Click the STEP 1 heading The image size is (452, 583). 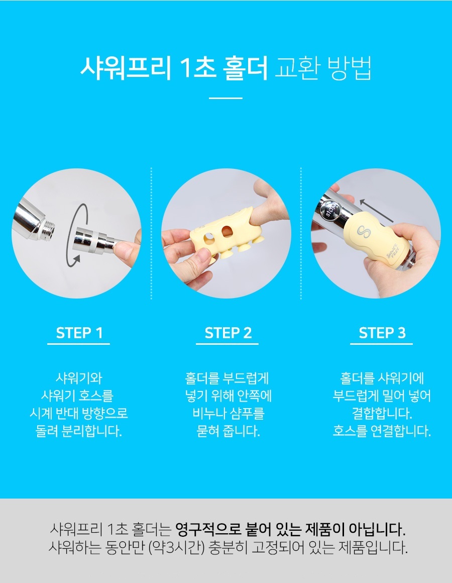(79, 333)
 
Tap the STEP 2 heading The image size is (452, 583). (228, 333)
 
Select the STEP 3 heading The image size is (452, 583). (382, 333)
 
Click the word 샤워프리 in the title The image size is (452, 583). (125, 68)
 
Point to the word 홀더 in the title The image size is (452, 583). (246, 68)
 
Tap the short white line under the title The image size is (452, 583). (225, 98)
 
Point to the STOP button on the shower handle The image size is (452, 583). (330, 210)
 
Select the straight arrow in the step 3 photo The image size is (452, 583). (376, 211)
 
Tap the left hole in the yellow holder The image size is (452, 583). (208, 238)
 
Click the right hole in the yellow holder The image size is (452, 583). (227, 231)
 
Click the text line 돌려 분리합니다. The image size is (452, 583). (79, 431)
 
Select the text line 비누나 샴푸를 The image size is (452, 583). (228, 413)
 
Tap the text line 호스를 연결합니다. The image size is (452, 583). (382, 431)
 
